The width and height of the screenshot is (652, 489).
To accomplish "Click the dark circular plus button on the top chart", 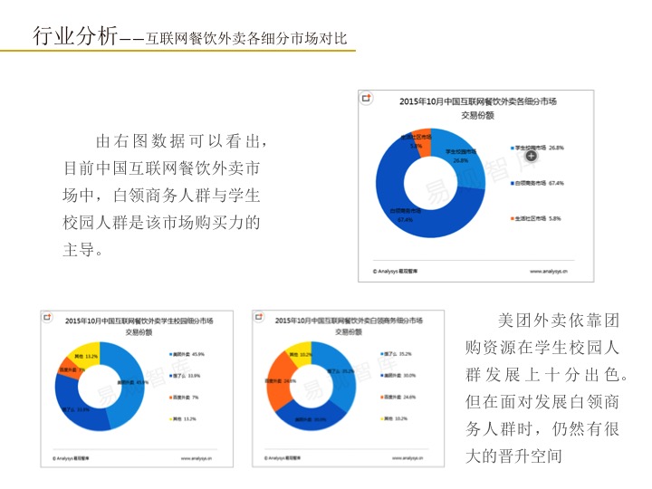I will point(532,156).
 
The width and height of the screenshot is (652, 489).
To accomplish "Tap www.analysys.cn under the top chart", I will point(548,270).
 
